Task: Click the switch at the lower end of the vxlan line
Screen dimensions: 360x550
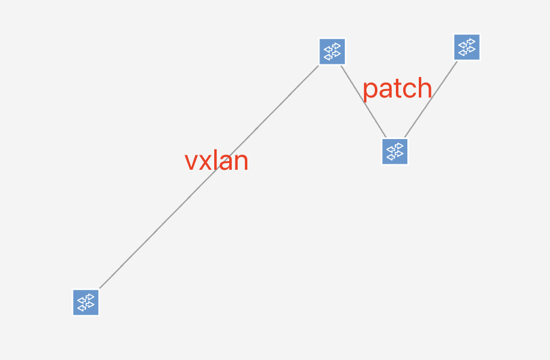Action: click(86, 302)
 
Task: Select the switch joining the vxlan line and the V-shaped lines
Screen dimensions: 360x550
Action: click(332, 51)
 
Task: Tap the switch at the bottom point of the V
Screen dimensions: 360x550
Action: click(395, 151)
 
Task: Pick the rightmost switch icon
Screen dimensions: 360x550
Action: click(467, 47)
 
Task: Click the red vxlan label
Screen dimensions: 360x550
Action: click(217, 161)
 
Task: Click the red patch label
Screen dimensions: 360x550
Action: click(397, 88)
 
